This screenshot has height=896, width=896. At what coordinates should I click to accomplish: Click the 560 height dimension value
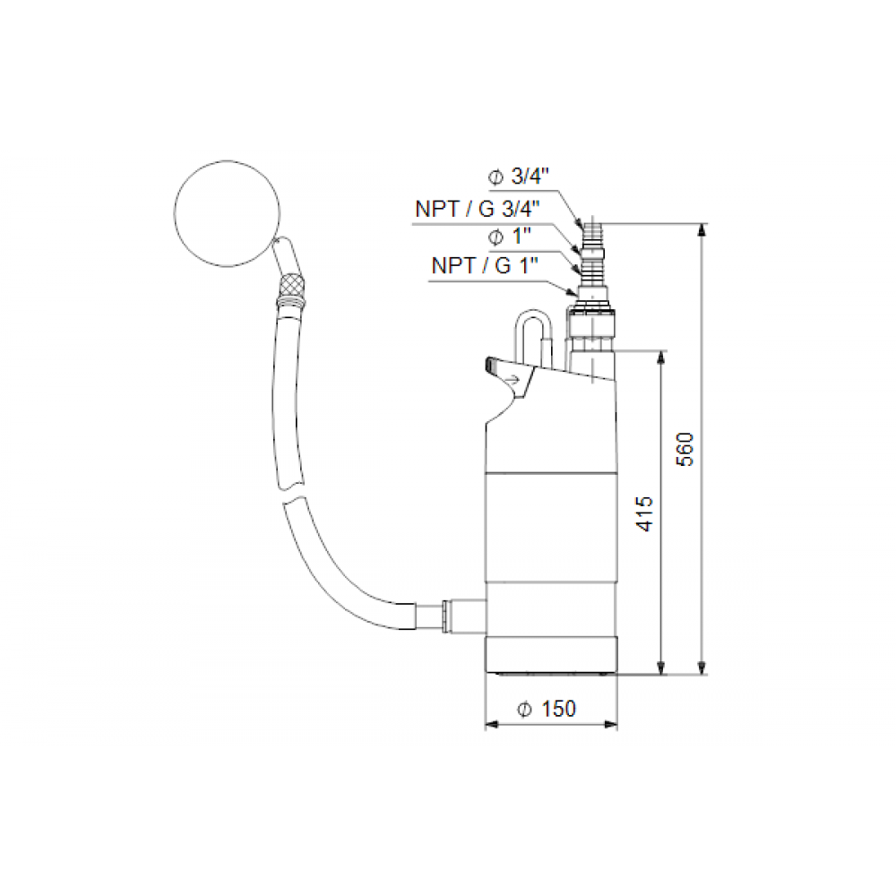coord(685,450)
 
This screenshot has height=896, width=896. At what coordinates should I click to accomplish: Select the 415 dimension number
coord(644,513)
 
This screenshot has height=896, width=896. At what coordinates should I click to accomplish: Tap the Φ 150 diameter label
coord(547,709)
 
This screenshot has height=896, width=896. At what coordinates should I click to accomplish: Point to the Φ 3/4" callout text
coord(518,177)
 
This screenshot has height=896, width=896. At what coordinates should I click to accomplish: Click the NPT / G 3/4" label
coord(478,209)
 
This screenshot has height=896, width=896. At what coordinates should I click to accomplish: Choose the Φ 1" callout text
coord(509,237)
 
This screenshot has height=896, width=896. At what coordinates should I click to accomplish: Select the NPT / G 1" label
coord(485,266)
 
